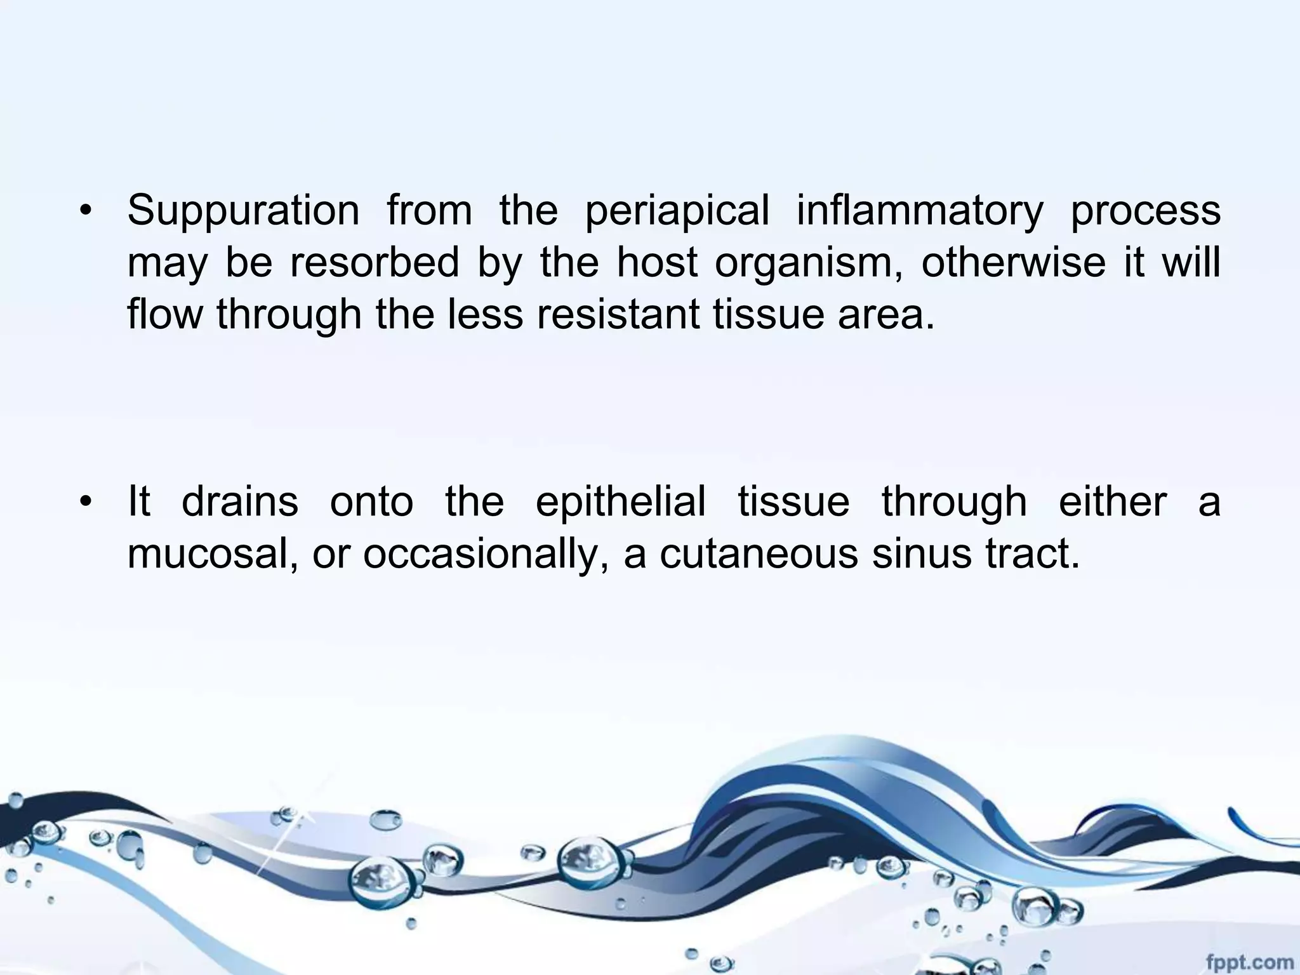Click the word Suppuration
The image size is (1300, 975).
click(243, 211)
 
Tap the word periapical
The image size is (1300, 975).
click(677, 211)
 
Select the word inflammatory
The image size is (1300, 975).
click(920, 211)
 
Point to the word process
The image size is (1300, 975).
click(1146, 212)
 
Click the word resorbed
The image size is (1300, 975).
click(375, 262)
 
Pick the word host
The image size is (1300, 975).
click(657, 262)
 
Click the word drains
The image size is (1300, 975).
click(240, 501)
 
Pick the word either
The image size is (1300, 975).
click(1113, 501)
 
